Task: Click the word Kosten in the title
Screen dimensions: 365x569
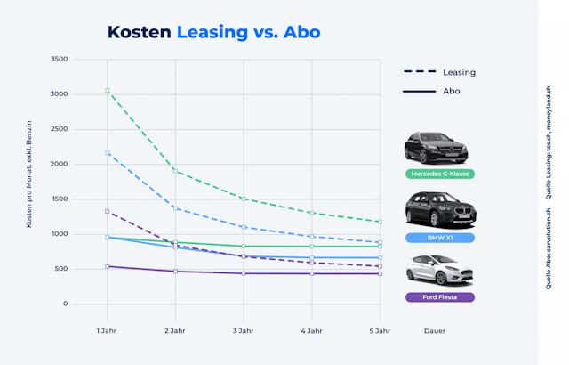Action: (139, 32)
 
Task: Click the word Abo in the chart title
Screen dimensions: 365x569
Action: (301, 32)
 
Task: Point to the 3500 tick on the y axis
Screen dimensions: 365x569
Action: (59, 60)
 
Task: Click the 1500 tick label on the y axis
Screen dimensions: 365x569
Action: (59, 199)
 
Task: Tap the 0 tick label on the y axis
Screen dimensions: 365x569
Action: (65, 304)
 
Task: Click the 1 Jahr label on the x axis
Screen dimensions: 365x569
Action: (107, 331)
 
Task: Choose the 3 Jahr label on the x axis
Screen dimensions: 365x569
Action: (244, 331)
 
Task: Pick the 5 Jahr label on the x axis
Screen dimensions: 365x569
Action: (380, 331)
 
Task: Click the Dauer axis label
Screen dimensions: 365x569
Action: (434, 331)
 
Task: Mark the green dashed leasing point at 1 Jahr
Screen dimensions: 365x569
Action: (107, 91)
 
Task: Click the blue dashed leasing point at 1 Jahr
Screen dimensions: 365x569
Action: (107, 153)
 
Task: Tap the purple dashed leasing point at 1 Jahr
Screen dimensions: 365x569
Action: (107, 212)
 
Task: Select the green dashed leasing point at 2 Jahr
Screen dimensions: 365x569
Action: (175, 171)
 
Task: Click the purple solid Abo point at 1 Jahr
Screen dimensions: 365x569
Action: (107, 266)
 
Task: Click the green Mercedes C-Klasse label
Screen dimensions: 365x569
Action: (438, 174)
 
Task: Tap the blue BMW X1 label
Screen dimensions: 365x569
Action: (438, 238)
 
